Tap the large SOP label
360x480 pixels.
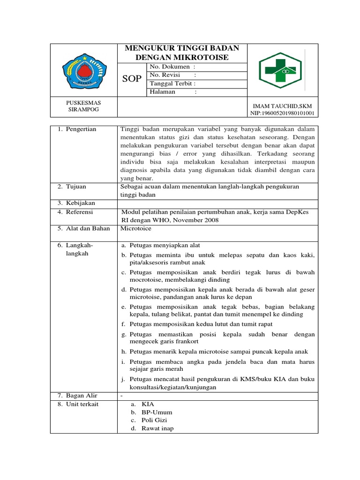(132, 79)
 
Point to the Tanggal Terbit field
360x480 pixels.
(172, 83)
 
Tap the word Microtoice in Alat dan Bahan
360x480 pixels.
(136, 229)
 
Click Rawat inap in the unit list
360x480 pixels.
(157, 428)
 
